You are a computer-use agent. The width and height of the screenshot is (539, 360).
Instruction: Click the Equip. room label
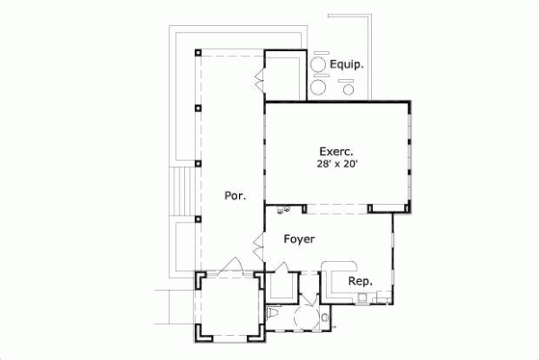pos(346,65)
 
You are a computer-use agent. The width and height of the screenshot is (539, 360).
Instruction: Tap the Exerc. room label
pos(337,151)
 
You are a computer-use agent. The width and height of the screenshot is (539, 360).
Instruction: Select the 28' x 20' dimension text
pos(337,165)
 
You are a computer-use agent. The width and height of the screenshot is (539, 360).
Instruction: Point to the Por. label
pos(234,194)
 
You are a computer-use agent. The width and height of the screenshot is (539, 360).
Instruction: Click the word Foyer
pos(298,240)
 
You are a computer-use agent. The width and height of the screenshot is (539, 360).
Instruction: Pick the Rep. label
pos(359,281)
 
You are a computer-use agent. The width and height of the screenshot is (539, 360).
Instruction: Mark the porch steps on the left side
pos(183,191)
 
